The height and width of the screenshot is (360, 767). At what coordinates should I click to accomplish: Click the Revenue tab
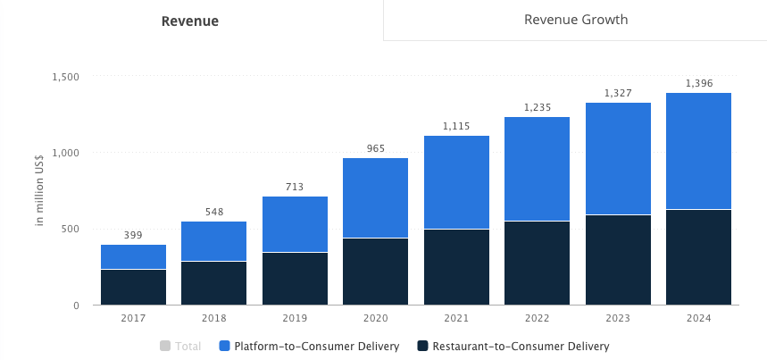(x=189, y=21)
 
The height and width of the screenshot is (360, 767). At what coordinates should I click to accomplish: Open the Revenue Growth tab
(x=575, y=20)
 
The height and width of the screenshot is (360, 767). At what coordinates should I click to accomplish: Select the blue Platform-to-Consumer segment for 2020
(x=376, y=197)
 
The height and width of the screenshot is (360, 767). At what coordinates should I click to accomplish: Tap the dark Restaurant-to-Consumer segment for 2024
(x=698, y=257)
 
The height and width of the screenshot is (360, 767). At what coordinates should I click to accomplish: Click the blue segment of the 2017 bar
(x=133, y=256)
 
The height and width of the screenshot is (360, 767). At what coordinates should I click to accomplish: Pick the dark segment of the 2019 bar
(x=295, y=279)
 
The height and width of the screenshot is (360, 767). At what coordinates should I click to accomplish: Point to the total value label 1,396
(x=698, y=83)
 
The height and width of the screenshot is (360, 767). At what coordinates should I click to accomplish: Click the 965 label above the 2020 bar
(x=376, y=148)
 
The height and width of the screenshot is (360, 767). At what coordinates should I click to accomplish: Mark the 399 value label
(x=133, y=234)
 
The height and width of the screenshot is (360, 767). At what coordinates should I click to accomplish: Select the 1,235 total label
(x=537, y=107)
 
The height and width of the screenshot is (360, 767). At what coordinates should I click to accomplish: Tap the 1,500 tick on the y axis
(x=65, y=77)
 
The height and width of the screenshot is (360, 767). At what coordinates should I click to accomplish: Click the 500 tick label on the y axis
(x=70, y=230)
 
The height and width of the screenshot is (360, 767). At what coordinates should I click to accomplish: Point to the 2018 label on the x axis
(x=214, y=317)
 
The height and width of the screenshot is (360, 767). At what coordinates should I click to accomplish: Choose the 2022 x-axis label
(x=537, y=317)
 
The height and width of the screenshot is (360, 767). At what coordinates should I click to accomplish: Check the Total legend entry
(x=180, y=347)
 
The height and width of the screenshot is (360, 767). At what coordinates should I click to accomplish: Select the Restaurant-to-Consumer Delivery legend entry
(x=513, y=347)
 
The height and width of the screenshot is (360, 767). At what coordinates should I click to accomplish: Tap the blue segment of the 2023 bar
(x=618, y=159)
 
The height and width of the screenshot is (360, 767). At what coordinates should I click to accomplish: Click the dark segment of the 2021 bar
(x=456, y=267)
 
